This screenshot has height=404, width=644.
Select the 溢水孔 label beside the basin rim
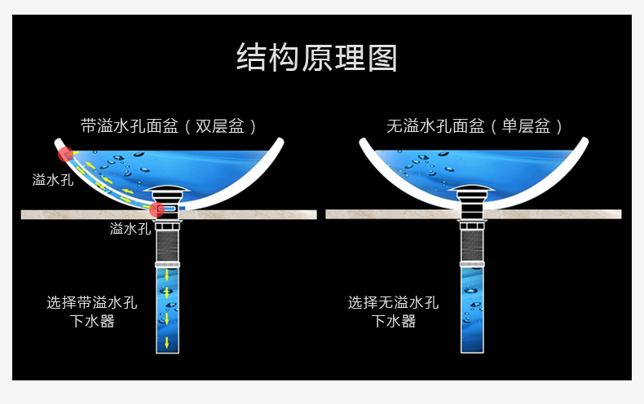[x=53, y=180]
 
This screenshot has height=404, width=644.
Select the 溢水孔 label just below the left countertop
[x=130, y=229]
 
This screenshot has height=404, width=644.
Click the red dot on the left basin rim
[x=65, y=153]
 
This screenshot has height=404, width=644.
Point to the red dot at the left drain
[x=157, y=209]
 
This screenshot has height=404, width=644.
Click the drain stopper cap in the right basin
[x=474, y=192]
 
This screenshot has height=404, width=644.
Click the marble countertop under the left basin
[x=82, y=214]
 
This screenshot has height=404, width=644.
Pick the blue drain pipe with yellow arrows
[x=167, y=310]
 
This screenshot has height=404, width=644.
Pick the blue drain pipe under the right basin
[x=473, y=310]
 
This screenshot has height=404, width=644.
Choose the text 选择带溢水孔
[x=92, y=303]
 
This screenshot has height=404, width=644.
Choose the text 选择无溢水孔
[x=394, y=303]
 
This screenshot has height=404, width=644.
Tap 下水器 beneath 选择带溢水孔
[x=92, y=322]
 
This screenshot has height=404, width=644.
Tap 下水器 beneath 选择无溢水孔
[x=394, y=322]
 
